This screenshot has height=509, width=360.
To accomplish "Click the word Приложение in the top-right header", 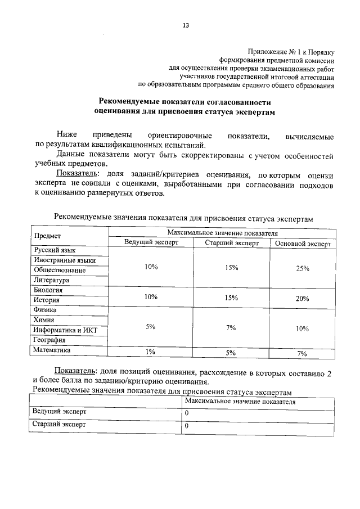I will point(266,51).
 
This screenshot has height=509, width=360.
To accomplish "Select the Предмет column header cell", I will point(47,236).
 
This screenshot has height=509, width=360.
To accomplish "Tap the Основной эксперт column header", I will point(303,244).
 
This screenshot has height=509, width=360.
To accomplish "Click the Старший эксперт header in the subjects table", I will point(231,244).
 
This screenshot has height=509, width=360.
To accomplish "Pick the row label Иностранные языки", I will point(65,260).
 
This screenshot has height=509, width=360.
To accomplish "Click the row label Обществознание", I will point(60,270).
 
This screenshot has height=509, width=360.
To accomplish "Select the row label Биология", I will point(48,290).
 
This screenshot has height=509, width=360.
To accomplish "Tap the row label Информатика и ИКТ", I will point(65,330).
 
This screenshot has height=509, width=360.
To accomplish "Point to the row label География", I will point(49,340).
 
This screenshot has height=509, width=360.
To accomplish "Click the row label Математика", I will point(52,350).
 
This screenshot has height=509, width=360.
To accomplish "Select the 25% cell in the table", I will point(303,268).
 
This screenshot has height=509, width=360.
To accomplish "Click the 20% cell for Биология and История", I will point(303,298).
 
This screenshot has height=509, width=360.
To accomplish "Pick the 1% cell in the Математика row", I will point(150,352).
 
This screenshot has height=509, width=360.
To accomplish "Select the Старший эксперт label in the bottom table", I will point(60,425).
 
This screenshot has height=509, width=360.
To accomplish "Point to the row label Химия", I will point(44,319).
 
